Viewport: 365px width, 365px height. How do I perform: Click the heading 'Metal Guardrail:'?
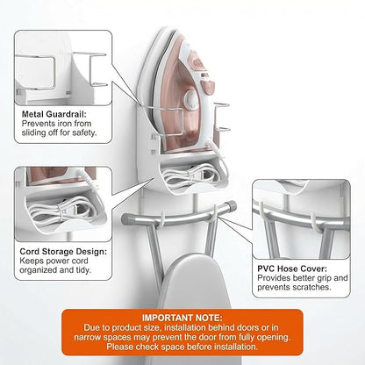click(x=54, y=114)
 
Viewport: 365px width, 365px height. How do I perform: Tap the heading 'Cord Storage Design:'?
click(x=63, y=252)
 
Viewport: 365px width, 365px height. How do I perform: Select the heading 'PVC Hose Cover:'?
click(x=292, y=268)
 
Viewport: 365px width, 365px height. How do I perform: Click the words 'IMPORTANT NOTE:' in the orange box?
click(x=182, y=318)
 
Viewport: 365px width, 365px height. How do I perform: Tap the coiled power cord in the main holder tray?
click(x=190, y=175)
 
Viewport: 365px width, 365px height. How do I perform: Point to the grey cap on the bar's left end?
click(x=125, y=218)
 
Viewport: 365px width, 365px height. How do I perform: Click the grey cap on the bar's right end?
click(x=232, y=205)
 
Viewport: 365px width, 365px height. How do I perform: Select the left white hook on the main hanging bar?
click(x=162, y=221)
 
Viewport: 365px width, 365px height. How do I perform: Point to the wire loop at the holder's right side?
click(x=222, y=118)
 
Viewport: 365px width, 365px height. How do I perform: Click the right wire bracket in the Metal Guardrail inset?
click(x=97, y=69)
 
